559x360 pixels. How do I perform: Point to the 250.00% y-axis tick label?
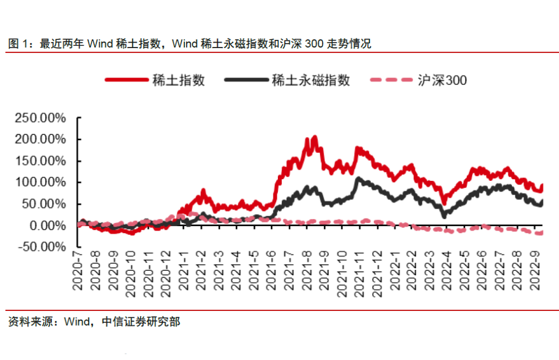(x=40, y=118)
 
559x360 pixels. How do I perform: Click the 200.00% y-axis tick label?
(x=40, y=139)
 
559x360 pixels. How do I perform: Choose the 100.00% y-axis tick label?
(x=40, y=182)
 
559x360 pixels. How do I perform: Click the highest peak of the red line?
(x=315, y=137)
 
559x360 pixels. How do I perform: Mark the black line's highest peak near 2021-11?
(x=358, y=178)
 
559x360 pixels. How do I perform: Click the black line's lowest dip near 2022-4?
(x=444, y=216)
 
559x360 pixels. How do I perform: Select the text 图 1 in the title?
(x=19, y=44)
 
